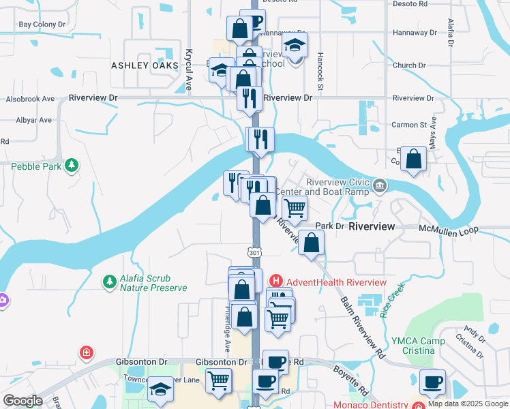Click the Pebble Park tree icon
click(71, 165)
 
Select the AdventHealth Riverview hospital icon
click(275, 281)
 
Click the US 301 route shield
click(254, 252)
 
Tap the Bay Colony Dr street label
click(42, 25)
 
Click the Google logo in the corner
click(22, 402)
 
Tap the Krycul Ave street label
click(189, 70)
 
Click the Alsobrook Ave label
click(30, 99)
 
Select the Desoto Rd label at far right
click(412, 3)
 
